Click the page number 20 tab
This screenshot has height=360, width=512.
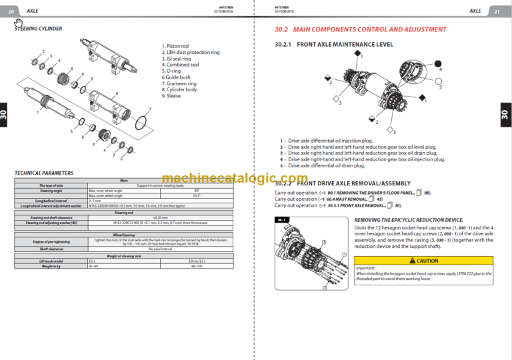(11, 11)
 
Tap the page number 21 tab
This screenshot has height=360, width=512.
(497, 11)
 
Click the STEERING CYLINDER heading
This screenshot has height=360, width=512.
(39, 29)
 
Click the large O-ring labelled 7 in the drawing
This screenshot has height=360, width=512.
(141, 122)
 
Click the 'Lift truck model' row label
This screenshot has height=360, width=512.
(51, 261)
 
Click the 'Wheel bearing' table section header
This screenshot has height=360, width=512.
(124, 234)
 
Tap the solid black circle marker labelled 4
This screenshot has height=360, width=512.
(437, 64)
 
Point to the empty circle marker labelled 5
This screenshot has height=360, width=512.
(437, 81)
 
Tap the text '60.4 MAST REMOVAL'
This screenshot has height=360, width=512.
(345, 199)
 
